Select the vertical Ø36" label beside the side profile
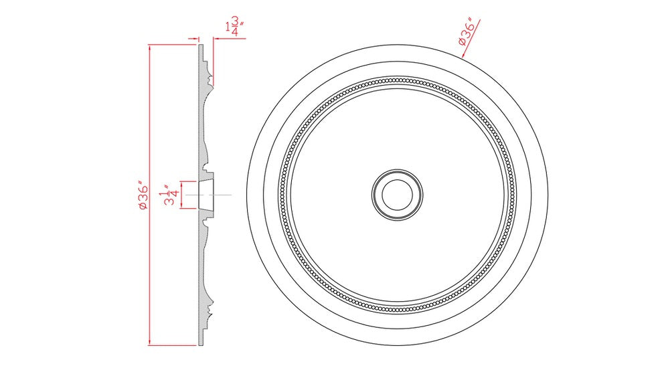pyautogui.click(x=142, y=195)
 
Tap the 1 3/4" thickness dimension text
pyautogui.click(x=234, y=29)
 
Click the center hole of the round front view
pyautogui.click(x=398, y=194)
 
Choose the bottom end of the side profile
pyautogui.click(x=200, y=344)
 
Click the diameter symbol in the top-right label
pyautogui.click(x=462, y=41)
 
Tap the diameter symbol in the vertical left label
pyautogui.click(x=142, y=207)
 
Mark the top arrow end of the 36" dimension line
pyautogui.click(x=149, y=45)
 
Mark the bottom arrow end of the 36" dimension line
pyautogui.click(x=149, y=345)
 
